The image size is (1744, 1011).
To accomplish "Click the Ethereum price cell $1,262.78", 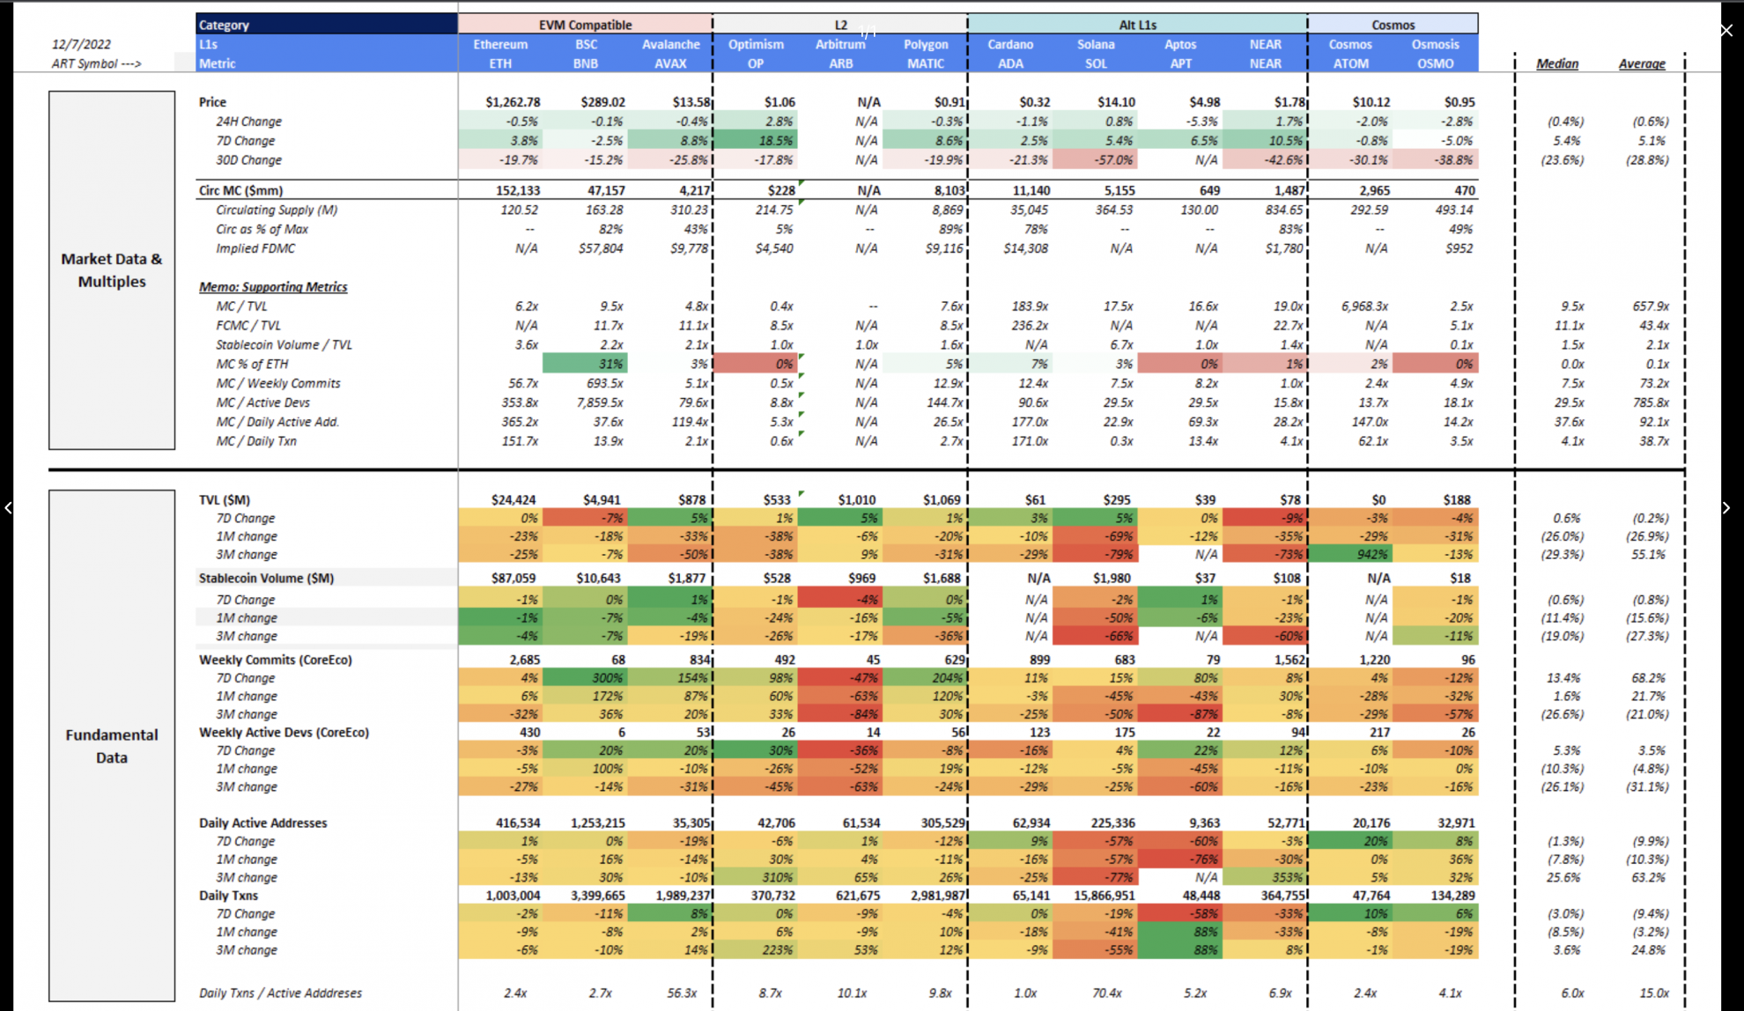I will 513,102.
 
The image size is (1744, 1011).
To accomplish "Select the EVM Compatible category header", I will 585,25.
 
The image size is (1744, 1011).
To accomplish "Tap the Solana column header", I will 1096,44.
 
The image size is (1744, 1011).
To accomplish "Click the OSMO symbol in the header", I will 1435,63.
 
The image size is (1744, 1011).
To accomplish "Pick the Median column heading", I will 1556,63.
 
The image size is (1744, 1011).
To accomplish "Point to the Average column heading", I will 1641,63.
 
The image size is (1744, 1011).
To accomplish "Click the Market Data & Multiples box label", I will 112,270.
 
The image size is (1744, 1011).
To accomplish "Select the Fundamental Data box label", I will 112,746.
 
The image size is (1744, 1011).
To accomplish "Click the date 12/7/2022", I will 81,44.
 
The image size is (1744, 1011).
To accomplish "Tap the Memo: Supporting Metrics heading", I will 273,287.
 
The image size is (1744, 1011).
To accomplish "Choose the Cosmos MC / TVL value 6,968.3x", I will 1364,306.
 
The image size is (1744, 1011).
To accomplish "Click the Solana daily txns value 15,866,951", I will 1104,896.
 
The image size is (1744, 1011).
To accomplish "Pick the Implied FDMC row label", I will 255,248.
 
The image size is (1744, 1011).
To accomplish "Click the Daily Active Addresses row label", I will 262,823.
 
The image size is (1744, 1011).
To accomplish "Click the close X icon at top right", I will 1726,31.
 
